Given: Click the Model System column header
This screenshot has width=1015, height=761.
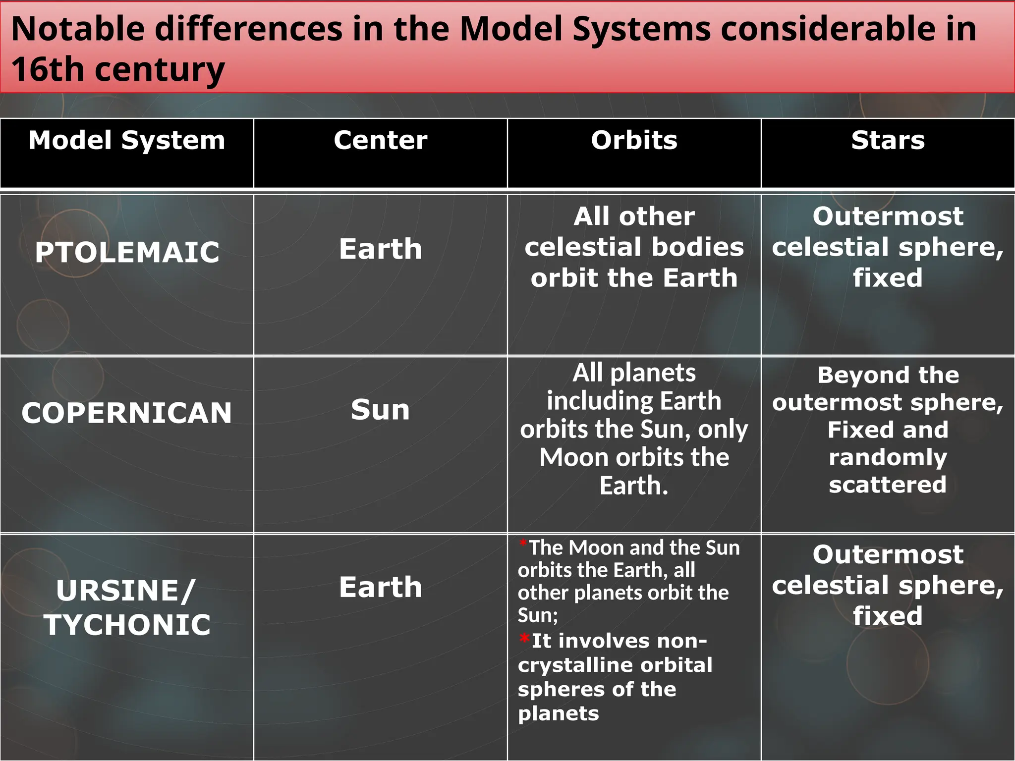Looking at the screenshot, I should (x=127, y=140).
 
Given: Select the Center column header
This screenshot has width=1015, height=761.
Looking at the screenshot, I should (x=380, y=140).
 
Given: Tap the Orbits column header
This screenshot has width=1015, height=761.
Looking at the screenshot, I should (x=634, y=140).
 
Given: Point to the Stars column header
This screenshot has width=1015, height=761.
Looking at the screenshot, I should (x=888, y=140).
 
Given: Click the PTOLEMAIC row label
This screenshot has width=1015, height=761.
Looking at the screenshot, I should (x=127, y=252).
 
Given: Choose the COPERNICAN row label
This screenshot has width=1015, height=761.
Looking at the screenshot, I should (x=127, y=413).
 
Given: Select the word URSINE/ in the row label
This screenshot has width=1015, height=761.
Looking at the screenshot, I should (x=126, y=591).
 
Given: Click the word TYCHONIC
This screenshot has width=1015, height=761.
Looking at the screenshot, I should (x=127, y=625).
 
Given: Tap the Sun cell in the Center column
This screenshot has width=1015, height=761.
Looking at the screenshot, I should (x=380, y=410).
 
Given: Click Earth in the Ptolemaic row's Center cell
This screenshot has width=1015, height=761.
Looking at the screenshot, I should (x=380, y=249).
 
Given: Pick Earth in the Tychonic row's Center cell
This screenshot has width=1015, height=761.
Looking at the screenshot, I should (x=380, y=587).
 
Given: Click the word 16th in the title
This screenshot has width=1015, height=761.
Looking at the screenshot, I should (x=48, y=69).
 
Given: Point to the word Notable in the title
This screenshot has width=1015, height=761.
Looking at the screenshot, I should (x=78, y=29).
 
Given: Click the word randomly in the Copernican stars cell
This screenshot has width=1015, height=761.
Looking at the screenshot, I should (x=888, y=457).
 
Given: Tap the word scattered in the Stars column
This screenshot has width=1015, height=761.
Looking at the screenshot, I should (x=888, y=484).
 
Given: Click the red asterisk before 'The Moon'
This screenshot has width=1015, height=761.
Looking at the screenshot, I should (x=523, y=544).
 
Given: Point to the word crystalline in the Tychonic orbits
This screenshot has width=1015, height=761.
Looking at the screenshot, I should (x=569, y=665).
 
